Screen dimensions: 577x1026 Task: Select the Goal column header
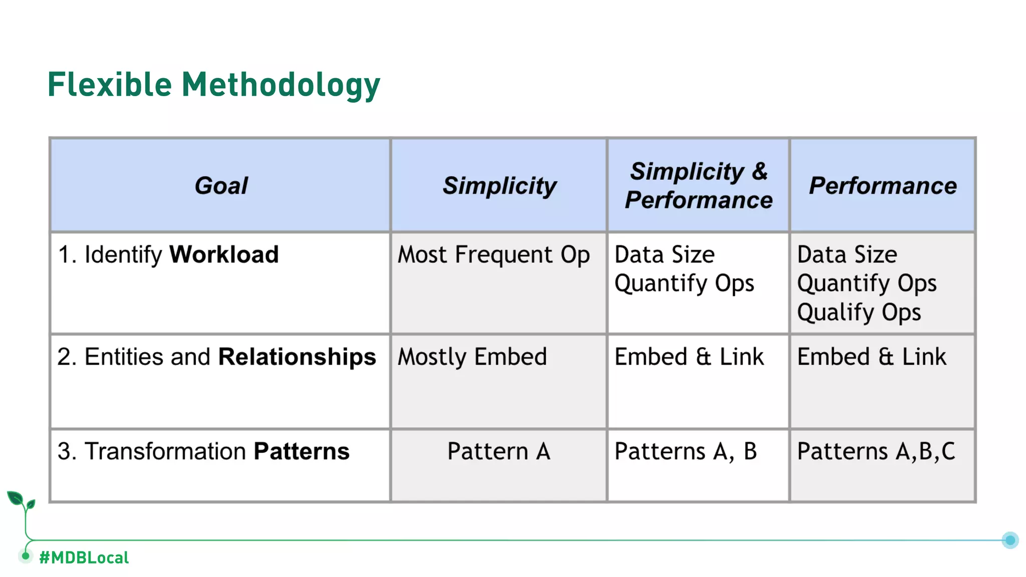pyautogui.click(x=221, y=186)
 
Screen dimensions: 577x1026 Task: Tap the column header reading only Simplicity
pyautogui.click(x=499, y=186)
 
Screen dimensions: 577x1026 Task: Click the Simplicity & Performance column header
pyautogui.click(x=698, y=185)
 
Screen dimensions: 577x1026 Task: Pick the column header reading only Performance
pyautogui.click(x=883, y=186)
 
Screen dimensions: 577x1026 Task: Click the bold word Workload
pyautogui.click(x=224, y=254)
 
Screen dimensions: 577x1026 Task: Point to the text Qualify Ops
pyautogui.click(x=859, y=313)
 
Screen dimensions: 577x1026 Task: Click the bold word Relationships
pyautogui.click(x=297, y=357)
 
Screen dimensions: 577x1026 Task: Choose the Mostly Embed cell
pyautogui.click(x=472, y=357)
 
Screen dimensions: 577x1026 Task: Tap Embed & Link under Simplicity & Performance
pyautogui.click(x=689, y=357)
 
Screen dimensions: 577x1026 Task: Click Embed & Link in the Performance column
pyautogui.click(x=871, y=357)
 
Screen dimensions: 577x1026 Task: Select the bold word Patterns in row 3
pyautogui.click(x=302, y=451)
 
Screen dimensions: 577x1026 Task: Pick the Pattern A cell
pyautogui.click(x=498, y=451)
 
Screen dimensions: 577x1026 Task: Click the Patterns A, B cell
pyautogui.click(x=685, y=451)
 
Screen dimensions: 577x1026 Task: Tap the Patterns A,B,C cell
pyautogui.click(x=876, y=451)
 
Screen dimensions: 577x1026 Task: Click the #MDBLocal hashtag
pyautogui.click(x=84, y=557)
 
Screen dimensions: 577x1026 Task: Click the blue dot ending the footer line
pyautogui.click(x=1010, y=540)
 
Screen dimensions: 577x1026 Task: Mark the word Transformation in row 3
pyautogui.click(x=165, y=451)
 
